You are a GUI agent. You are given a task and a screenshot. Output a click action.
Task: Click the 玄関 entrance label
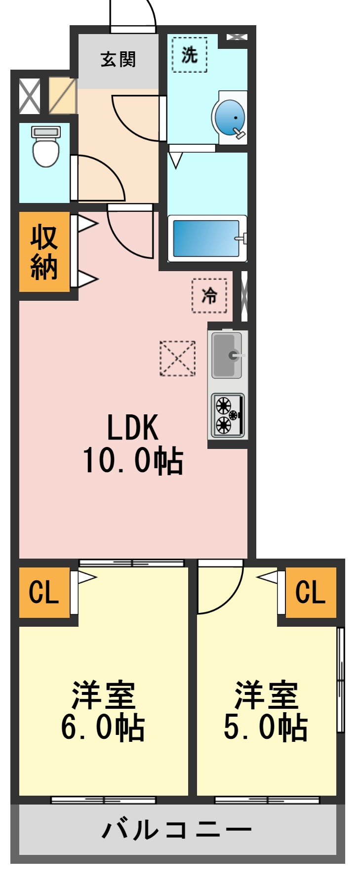[x=118, y=60]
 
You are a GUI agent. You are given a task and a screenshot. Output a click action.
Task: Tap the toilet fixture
[x=46, y=147]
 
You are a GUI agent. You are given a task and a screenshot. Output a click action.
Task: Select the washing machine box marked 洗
[x=190, y=55]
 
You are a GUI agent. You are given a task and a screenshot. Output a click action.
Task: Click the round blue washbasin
[x=230, y=117]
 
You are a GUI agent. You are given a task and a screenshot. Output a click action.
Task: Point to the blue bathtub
[x=206, y=238]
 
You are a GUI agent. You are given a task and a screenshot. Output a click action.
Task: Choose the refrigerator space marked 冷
[x=209, y=296]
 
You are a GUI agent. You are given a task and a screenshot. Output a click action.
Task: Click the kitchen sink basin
[x=227, y=355]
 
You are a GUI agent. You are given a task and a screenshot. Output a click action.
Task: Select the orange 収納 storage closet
[x=44, y=252]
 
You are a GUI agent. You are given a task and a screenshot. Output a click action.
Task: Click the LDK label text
[x=133, y=428]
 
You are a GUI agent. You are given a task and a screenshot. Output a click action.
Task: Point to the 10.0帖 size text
[x=133, y=461]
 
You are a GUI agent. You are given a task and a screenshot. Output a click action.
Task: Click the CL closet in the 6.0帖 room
[x=44, y=592]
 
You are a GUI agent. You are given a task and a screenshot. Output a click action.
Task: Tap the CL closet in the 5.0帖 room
[x=311, y=592]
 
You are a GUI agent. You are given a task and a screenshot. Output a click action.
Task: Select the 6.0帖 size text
[x=103, y=727]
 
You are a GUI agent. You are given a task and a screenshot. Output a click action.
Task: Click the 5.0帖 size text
[x=266, y=727]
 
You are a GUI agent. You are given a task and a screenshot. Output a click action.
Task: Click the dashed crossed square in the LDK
[x=177, y=359]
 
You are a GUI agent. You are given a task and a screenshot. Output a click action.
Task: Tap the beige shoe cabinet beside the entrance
[x=62, y=95]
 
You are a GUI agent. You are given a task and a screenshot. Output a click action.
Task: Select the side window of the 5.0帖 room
[x=340, y=680]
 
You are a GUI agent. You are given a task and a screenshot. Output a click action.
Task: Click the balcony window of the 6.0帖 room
[x=103, y=800]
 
